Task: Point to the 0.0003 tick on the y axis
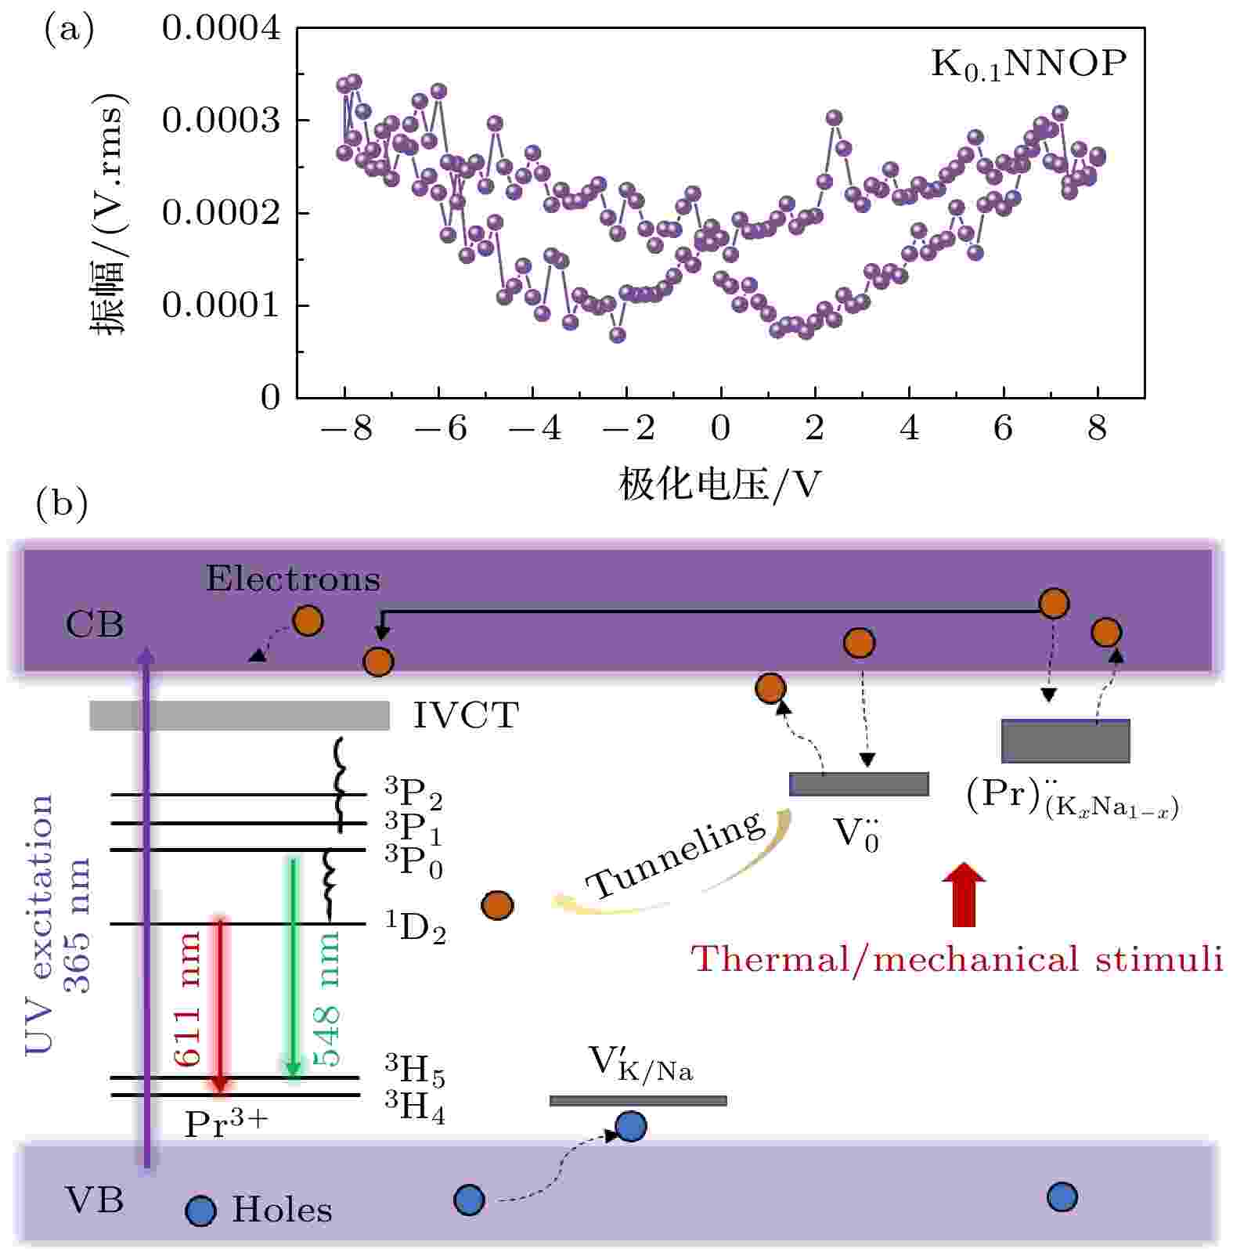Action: click(x=220, y=121)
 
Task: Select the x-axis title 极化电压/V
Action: click(x=719, y=485)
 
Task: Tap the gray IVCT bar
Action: click(x=240, y=715)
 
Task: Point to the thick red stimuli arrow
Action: click(x=964, y=894)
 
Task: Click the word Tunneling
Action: click(x=676, y=855)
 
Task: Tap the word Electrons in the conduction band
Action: click(x=293, y=579)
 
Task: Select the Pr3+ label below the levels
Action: click(x=225, y=1124)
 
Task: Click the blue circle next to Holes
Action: click(x=200, y=1211)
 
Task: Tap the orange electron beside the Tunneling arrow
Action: click(x=497, y=905)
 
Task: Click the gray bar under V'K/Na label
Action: click(x=638, y=1100)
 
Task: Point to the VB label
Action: click(x=94, y=1200)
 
